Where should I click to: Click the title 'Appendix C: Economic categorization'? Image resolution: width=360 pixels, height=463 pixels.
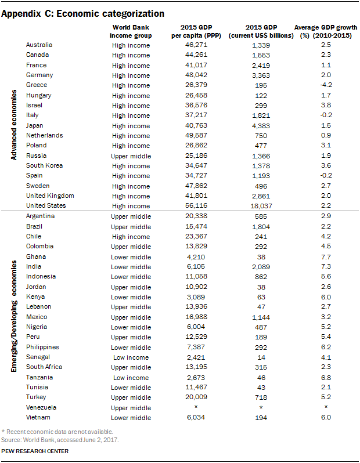click(x=82, y=13)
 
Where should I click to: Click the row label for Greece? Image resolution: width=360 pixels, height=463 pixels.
click(x=36, y=85)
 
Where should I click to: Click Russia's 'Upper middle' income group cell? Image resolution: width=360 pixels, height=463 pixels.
click(x=131, y=155)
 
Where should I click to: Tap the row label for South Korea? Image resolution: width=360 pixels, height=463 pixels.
click(x=45, y=165)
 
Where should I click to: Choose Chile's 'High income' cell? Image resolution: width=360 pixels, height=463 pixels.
click(x=131, y=236)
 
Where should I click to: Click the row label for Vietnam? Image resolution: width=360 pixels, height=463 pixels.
click(x=38, y=417)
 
